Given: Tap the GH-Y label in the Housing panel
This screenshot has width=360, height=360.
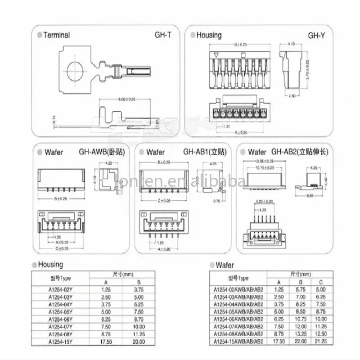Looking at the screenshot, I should click(x=315, y=35).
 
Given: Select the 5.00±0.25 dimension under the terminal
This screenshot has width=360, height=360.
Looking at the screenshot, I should click(x=128, y=99).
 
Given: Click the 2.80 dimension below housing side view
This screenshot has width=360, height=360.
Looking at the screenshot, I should click(x=292, y=96).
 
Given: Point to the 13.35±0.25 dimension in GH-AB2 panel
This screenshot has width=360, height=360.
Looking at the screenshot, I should click(x=265, y=161).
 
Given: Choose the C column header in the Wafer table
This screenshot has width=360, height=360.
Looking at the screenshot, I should click(x=319, y=282).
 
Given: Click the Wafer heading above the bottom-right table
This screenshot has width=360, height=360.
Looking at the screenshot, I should click(x=225, y=265).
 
